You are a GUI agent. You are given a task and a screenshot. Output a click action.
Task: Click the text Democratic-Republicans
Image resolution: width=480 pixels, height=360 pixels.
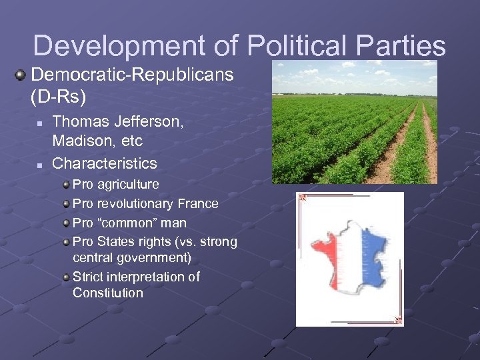(132, 75)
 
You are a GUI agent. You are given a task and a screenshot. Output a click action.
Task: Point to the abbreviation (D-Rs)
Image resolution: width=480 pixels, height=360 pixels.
(59, 97)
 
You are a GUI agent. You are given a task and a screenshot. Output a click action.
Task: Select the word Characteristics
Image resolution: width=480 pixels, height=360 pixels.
(105, 163)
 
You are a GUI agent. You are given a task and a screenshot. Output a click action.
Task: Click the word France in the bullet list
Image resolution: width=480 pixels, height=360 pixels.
(197, 203)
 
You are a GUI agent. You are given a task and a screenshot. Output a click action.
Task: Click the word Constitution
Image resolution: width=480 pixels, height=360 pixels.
(108, 293)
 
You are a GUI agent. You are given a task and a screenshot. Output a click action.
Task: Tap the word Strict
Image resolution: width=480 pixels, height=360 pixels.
(88, 276)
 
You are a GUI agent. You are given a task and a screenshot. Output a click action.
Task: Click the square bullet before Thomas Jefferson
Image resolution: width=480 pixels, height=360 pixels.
(40, 123)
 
